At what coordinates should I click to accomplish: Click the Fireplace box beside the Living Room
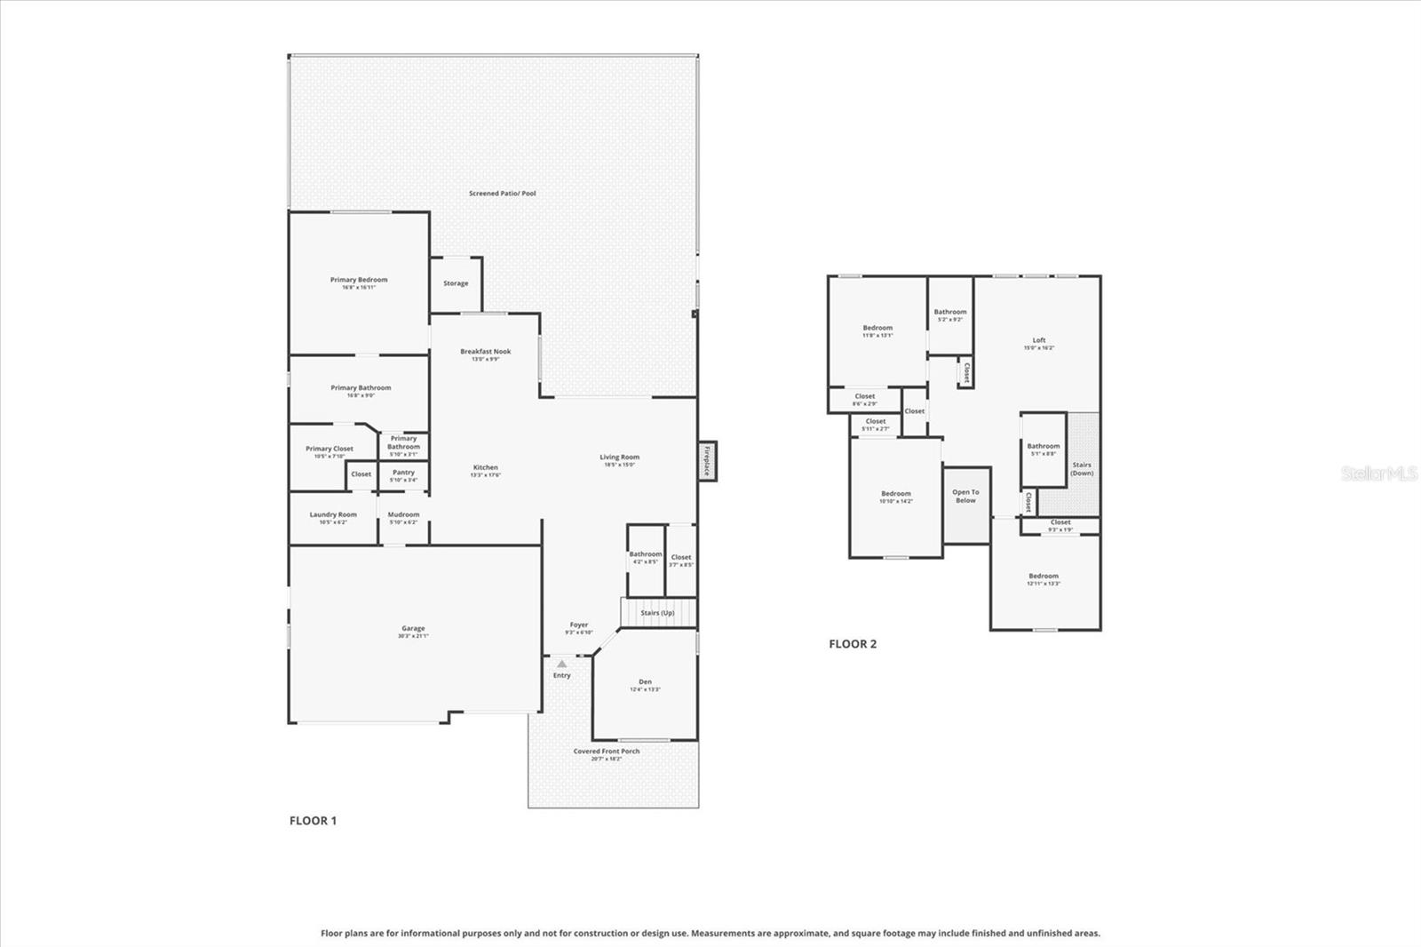click(x=707, y=461)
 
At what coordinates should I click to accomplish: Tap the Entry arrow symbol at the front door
click(x=561, y=664)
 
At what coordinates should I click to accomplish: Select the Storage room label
click(x=456, y=283)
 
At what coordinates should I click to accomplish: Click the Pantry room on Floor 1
click(x=403, y=475)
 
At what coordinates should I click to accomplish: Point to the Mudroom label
click(x=403, y=514)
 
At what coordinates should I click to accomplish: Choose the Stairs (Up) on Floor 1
click(x=657, y=613)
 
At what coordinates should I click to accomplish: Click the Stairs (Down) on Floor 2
click(x=1082, y=468)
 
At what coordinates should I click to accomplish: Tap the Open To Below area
click(x=965, y=497)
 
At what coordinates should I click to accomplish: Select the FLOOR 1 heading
click(x=313, y=821)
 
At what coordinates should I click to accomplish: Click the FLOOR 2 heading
click(x=853, y=644)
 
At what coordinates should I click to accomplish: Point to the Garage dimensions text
click(x=413, y=636)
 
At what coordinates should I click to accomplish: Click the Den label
click(x=646, y=681)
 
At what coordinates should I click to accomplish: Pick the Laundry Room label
click(x=333, y=514)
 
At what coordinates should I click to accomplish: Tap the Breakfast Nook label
click(x=485, y=351)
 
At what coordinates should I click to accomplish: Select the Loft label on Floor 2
click(x=1039, y=340)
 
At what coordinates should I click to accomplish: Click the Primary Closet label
click(x=329, y=449)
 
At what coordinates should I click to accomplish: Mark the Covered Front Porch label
click(x=607, y=752)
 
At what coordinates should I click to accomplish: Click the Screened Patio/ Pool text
click(x=503, y=193)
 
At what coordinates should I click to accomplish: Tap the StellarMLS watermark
click(x=1378, y=474)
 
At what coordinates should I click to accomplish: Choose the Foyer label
click(x=579, y=625)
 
